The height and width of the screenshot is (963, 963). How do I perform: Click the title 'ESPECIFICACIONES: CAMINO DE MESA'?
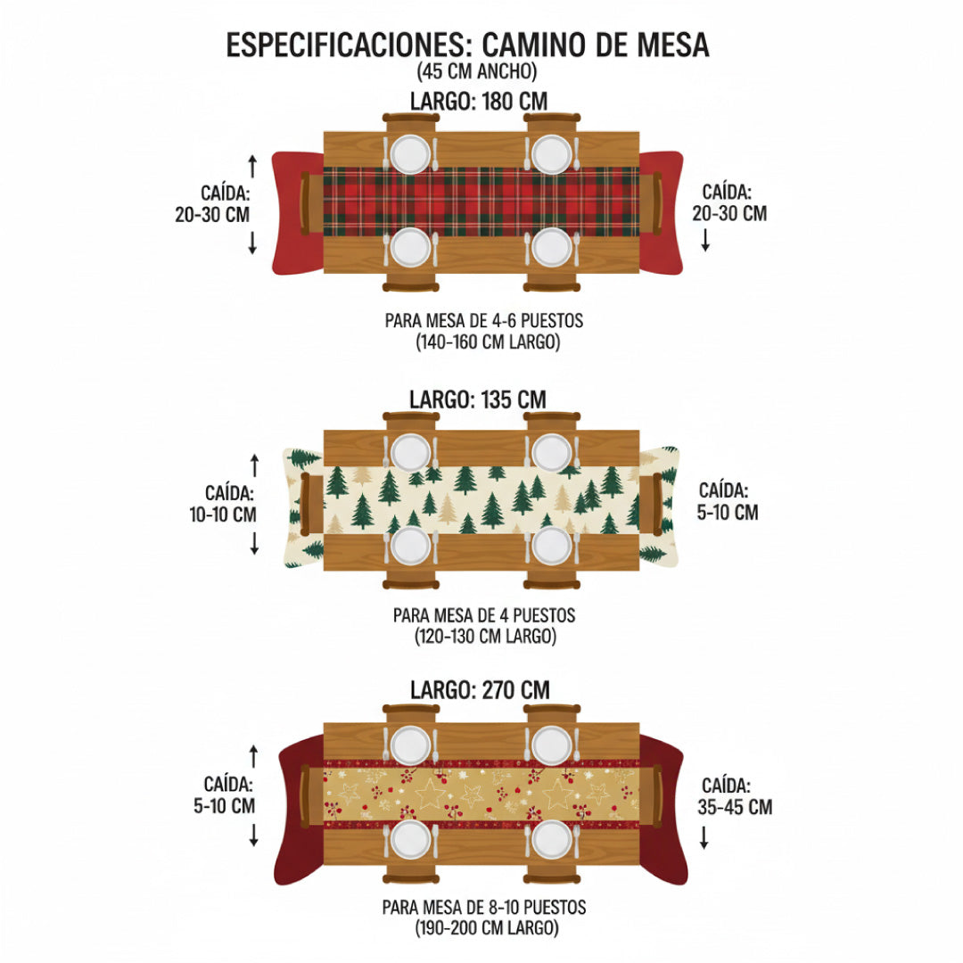click(x=467, y=45)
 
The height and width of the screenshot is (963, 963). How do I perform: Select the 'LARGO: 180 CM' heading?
click(x=479, y=100)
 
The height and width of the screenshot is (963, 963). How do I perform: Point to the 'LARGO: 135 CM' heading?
click(x=478, y=399)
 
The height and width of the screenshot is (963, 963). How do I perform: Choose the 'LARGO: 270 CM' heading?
click(x=480, y=689)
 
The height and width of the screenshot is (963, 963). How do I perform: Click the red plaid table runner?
click(x=481, y=201)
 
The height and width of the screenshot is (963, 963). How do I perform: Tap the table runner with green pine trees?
click(x=481, y=499)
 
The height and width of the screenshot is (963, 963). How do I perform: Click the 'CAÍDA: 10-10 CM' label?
click(x=230, y=503)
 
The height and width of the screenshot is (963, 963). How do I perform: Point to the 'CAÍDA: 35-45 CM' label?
click(x=736, y=796)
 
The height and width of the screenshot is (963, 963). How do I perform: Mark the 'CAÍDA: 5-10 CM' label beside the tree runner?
click(x=728, y=501)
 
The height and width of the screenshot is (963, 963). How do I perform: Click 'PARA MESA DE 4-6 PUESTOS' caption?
click(x=485, y=320)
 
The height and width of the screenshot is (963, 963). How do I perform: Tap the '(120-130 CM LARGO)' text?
click(x=485, y=637)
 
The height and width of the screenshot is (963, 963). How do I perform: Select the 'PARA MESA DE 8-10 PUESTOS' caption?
click(x=485, y=907)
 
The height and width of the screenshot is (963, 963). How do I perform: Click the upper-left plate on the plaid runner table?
click(x=410, y=153)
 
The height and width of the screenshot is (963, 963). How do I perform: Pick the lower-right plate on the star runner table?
click(x=551, y=839)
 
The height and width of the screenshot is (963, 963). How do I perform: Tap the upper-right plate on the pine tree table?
click(x=551, y=452)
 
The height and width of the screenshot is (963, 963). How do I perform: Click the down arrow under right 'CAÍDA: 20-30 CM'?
click(x=705, y=240)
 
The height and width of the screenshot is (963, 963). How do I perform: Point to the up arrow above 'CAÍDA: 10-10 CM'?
click(x=254, y=465)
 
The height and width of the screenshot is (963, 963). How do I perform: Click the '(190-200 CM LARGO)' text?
click(x=485, y=928)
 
